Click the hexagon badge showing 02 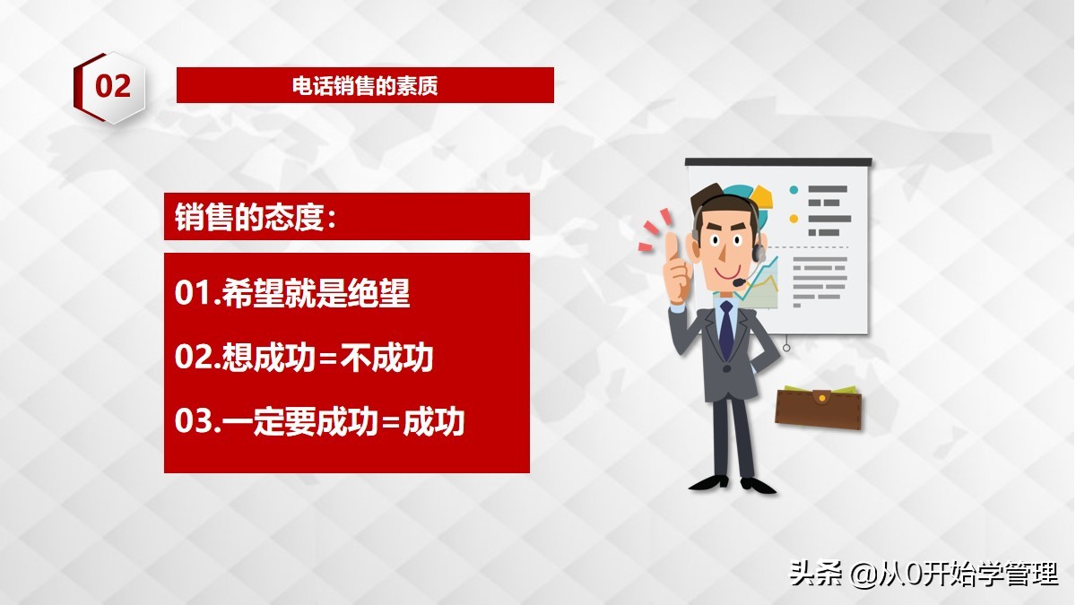pos(109,87)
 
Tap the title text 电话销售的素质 pos(365,86)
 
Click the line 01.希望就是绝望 pos(292,293)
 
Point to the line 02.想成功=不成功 pos(304,357)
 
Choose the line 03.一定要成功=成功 pos(320,420)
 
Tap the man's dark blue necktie pos(725,330)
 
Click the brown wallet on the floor pos(818,408)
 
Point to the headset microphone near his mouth pos(740,283)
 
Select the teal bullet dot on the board pos(794,190)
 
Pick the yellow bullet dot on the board pos(794,219)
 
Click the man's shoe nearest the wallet pos(758,485)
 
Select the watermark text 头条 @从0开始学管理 pos(924,574)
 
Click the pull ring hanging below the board pos(786,347)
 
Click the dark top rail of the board pos(778,161)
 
